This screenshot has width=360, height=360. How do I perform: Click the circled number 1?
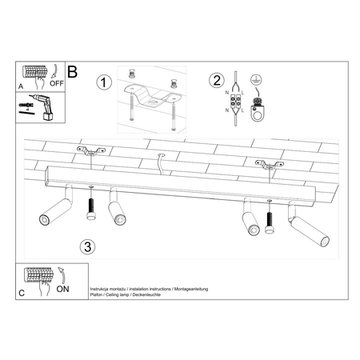click(102, 82)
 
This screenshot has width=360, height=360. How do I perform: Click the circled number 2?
click(217, 80)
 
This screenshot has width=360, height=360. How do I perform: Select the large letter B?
click(73, 73)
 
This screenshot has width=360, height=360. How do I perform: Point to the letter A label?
click(21, 82)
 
